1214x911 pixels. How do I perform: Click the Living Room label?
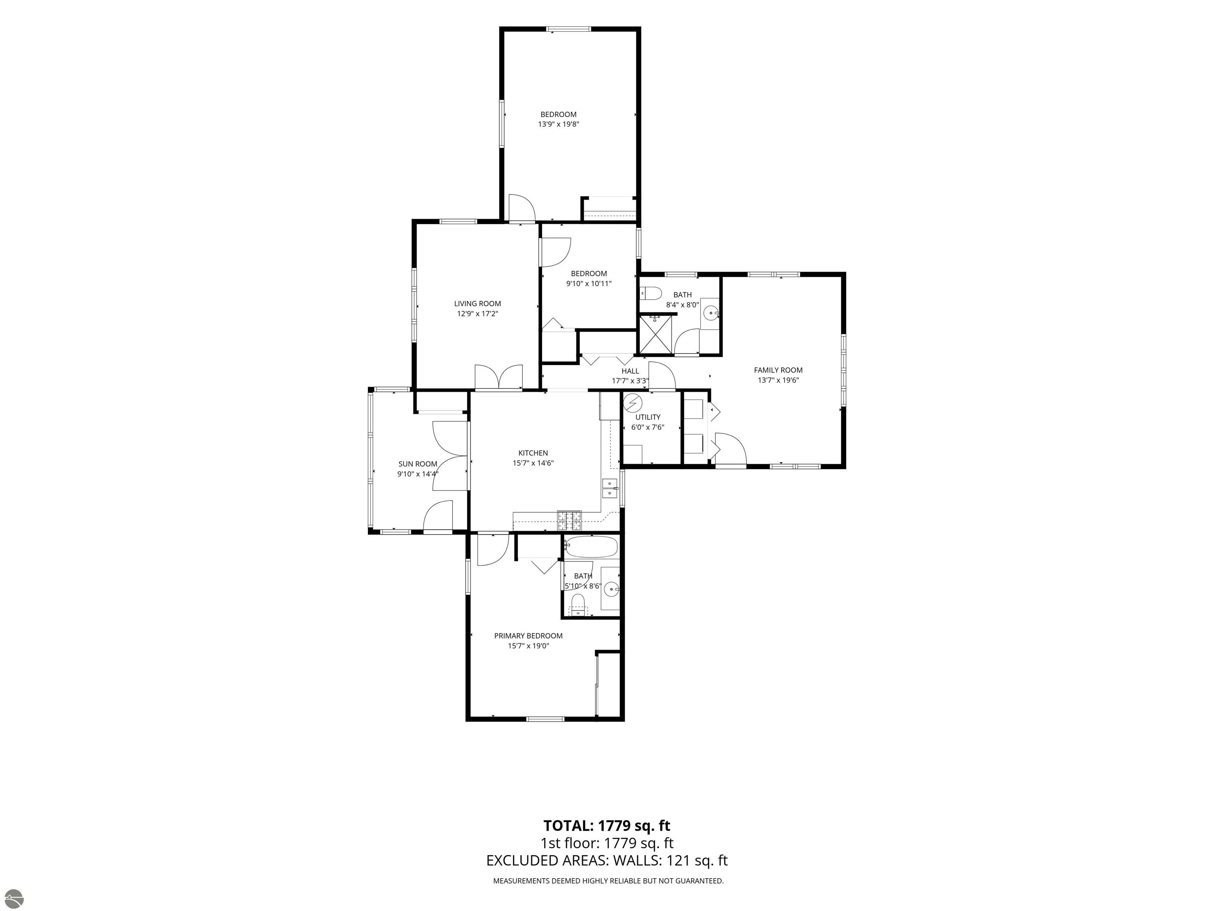tap(477, 304)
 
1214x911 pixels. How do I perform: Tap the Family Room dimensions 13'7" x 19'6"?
tap(778, 380)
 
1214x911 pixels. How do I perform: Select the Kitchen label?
tap(533, 453)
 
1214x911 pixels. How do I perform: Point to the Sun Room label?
tap(418, 464)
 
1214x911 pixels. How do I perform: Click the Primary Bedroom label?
tap(528, 636)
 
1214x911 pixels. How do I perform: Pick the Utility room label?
tap(648, 417)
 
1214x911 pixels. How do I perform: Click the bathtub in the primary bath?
tap(592, 548)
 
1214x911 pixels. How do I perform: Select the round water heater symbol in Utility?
tap(633, 403)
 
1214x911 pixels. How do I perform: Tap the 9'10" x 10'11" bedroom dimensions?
tap(588, 284)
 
